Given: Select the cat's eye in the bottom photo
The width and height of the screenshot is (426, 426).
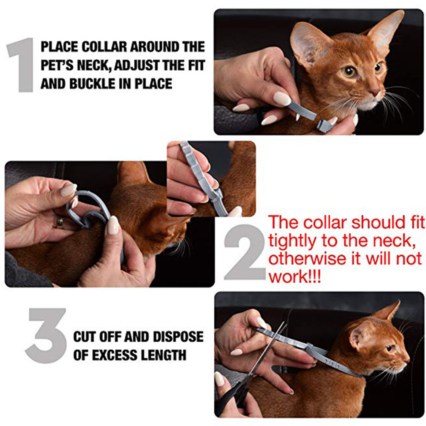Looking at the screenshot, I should pos(389,348).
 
